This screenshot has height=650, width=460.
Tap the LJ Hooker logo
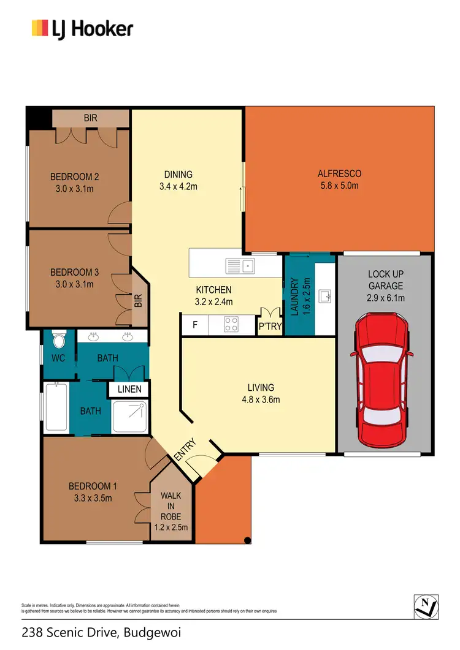tap(82, 28)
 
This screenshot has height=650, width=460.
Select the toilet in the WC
tap(59, 341)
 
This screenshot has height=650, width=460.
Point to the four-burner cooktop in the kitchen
tap(232, 325)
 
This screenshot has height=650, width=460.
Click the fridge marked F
tap(194, 325)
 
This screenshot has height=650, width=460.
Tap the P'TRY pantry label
tap(270, 327)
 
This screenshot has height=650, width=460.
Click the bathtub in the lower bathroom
tap(56, 406)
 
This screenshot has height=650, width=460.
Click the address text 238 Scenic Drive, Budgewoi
tap(101, 632)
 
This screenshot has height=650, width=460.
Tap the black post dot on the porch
tap(247, 540)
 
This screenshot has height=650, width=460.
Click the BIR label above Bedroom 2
tap(91, 118)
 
